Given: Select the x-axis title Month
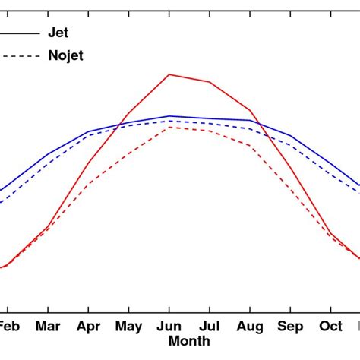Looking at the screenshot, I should tap(189, 342).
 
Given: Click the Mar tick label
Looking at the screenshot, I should tap(48, 326).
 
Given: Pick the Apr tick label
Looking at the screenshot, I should tap(89, 326).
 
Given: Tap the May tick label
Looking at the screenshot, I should tap(128, 326).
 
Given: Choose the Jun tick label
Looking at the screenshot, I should tap(169, 326).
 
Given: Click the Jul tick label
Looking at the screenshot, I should tap(210, 326).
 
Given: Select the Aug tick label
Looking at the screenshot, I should tap(250, 326).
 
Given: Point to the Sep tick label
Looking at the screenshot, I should tap(291, 326).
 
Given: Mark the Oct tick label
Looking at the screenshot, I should tap(331, 326).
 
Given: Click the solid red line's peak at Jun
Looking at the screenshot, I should tap(169, 74).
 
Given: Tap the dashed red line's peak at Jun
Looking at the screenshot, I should tap(169, 127).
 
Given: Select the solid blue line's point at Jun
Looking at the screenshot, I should tap(169, 116).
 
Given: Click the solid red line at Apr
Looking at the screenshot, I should tap(89, 163).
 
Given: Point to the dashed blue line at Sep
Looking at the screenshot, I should tap(291, 144).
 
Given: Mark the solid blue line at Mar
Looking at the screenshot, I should tap(48, 154).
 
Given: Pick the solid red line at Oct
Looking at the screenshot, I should tap(331, 233).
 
